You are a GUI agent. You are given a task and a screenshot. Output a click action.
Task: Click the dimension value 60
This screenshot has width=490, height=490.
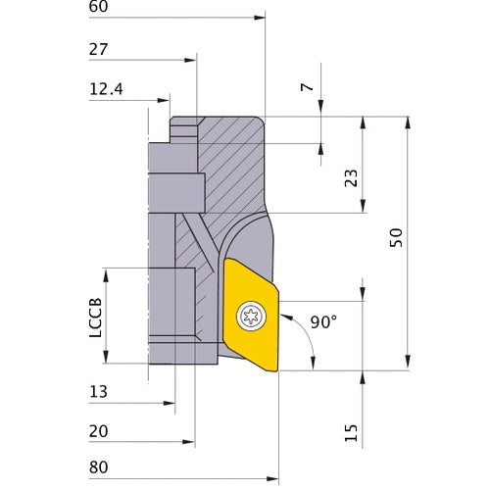click(x=98, y=7)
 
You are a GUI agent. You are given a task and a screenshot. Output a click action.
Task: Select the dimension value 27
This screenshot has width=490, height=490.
click(x=98, y=49)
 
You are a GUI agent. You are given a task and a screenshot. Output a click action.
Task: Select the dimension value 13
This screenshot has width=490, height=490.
click(x=98, y=391)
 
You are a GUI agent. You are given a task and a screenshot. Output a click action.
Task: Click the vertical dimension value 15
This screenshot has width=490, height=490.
click(x=350, y=432)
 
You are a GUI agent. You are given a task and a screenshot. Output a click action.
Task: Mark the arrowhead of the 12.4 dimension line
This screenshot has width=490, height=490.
click(x=168, y=99)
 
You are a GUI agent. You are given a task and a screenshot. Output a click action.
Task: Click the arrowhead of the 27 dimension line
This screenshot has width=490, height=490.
click(x=194, y=59)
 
